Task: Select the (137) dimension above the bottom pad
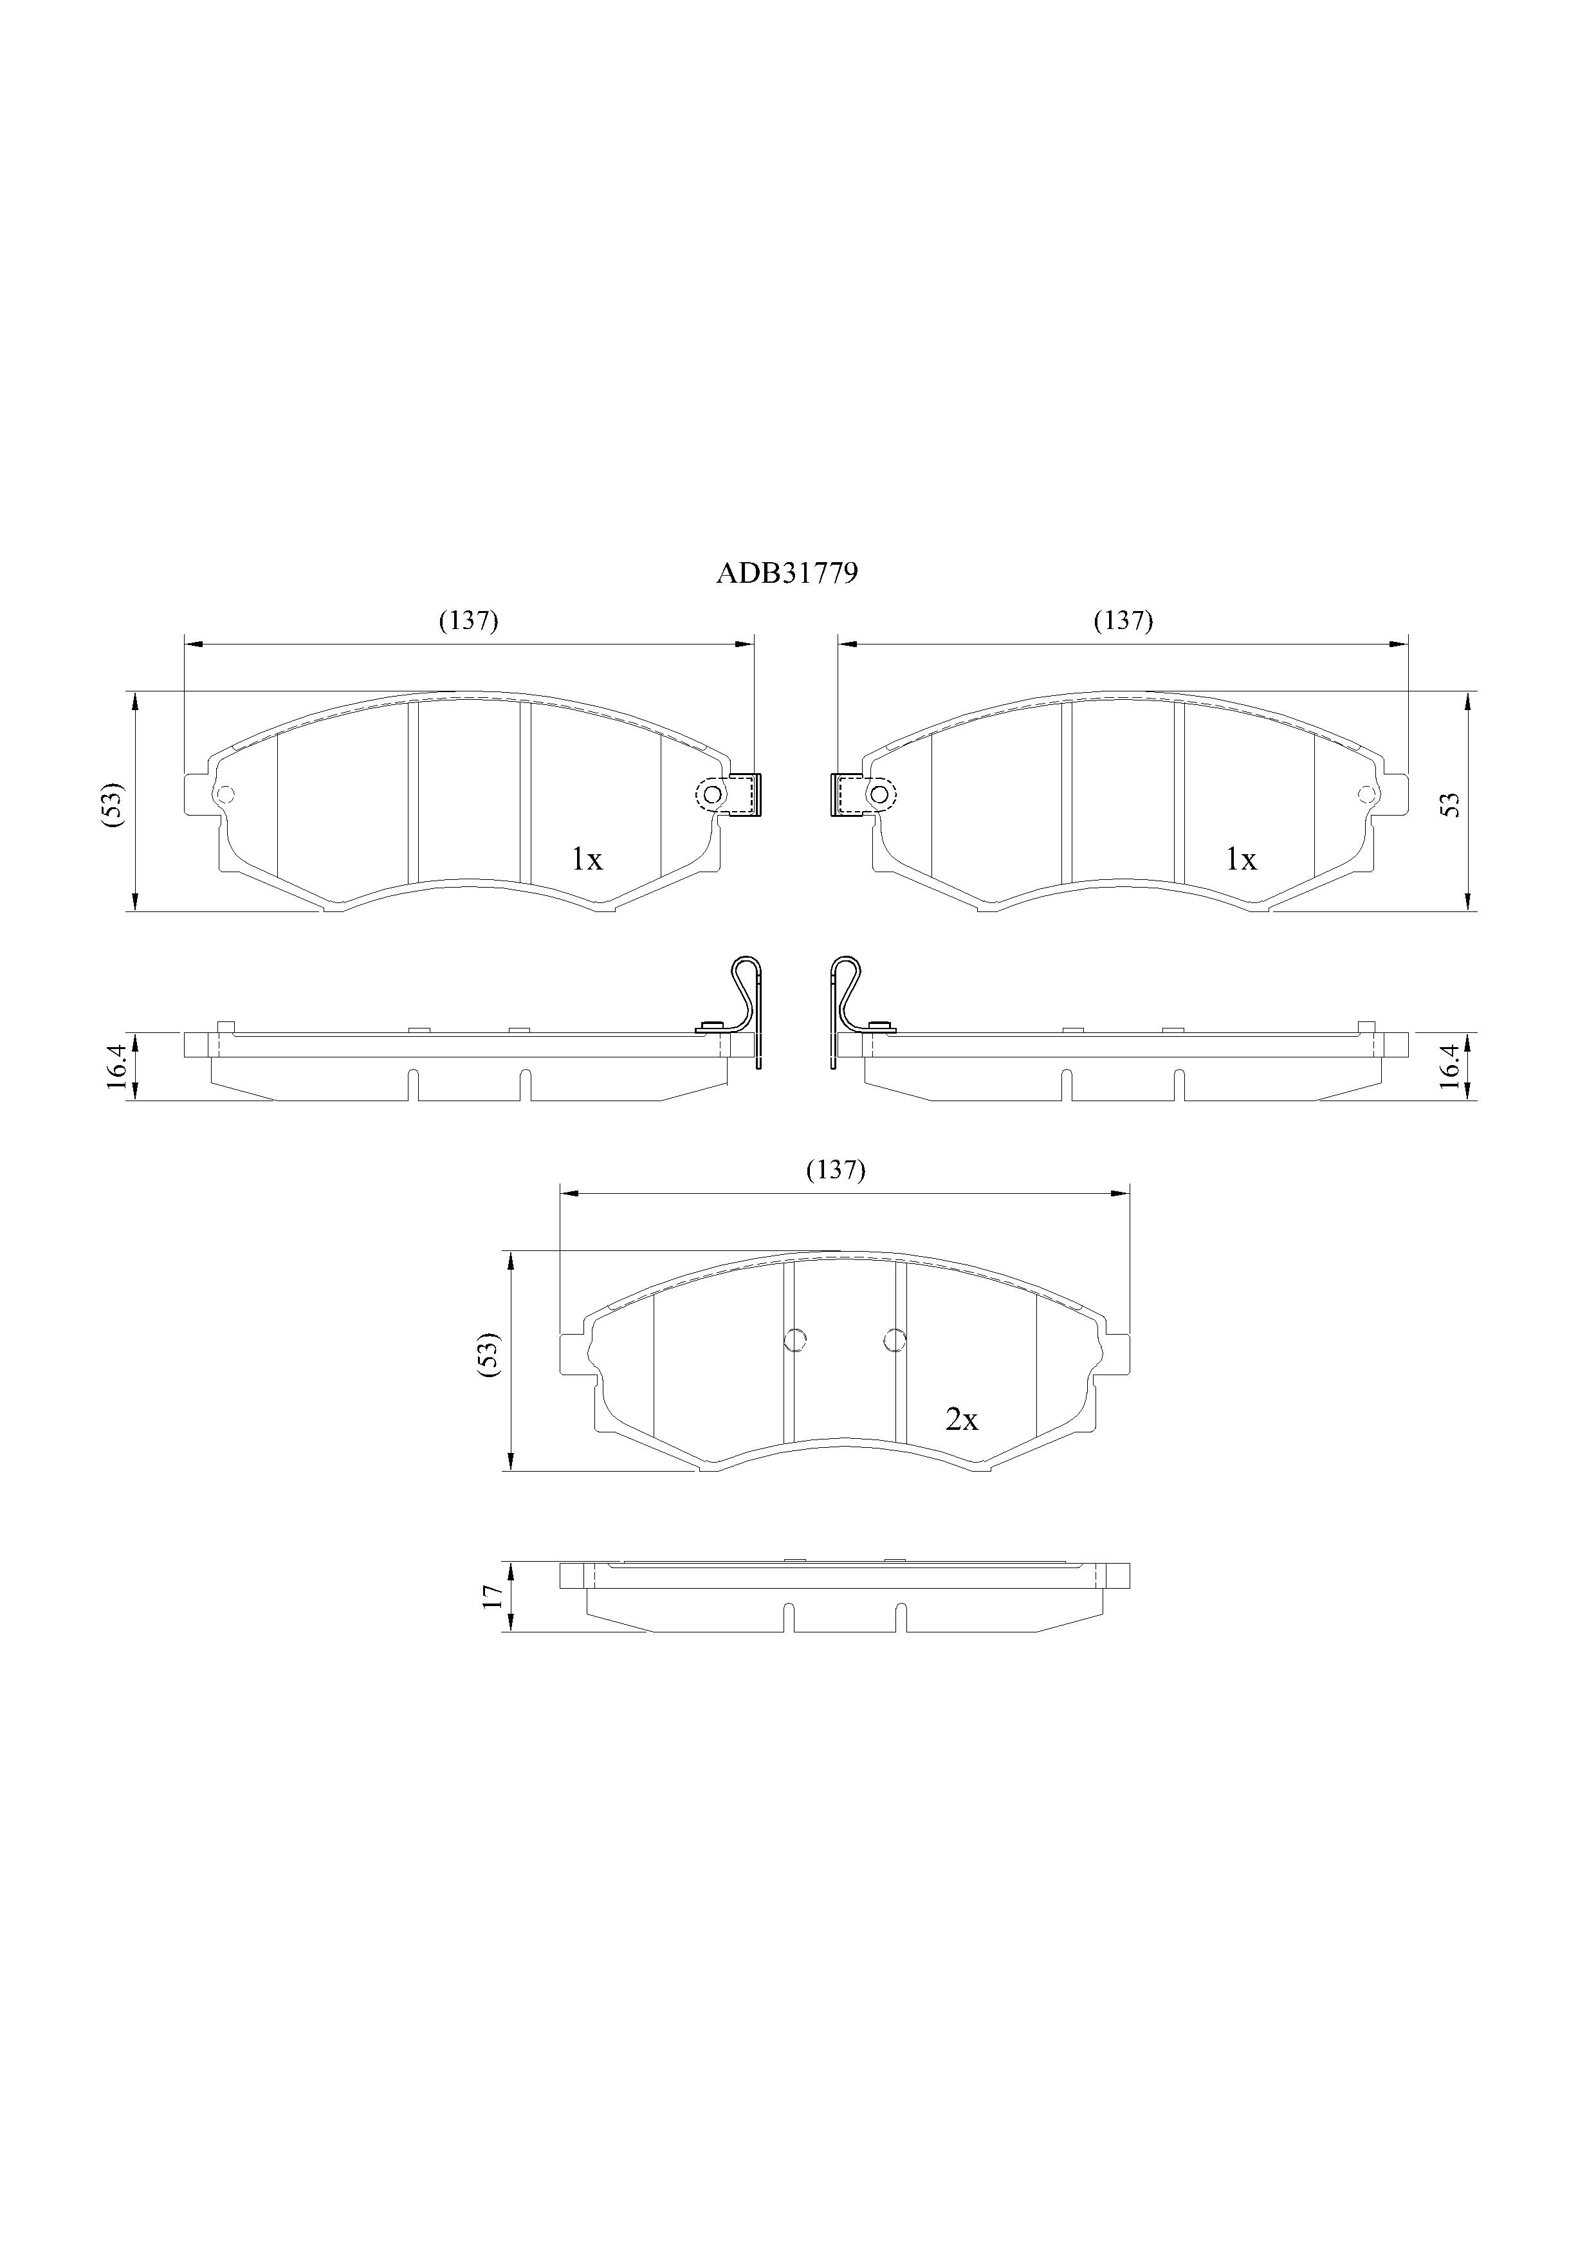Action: point(835,1170)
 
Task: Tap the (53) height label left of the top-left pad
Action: point(113,803)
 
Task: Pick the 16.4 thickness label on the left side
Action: point(116,1066)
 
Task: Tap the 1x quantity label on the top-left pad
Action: point(587,860)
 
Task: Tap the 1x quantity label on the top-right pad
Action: point(1241,860)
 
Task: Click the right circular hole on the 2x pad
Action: point(894,1339)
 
